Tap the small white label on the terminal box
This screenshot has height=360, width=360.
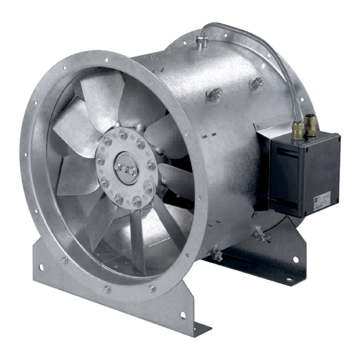click(322, 200)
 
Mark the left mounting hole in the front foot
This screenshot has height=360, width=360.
click(42, 267)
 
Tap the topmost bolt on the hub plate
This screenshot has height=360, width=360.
click(123, 134)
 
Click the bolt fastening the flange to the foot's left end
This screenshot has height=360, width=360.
click(64, 261)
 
